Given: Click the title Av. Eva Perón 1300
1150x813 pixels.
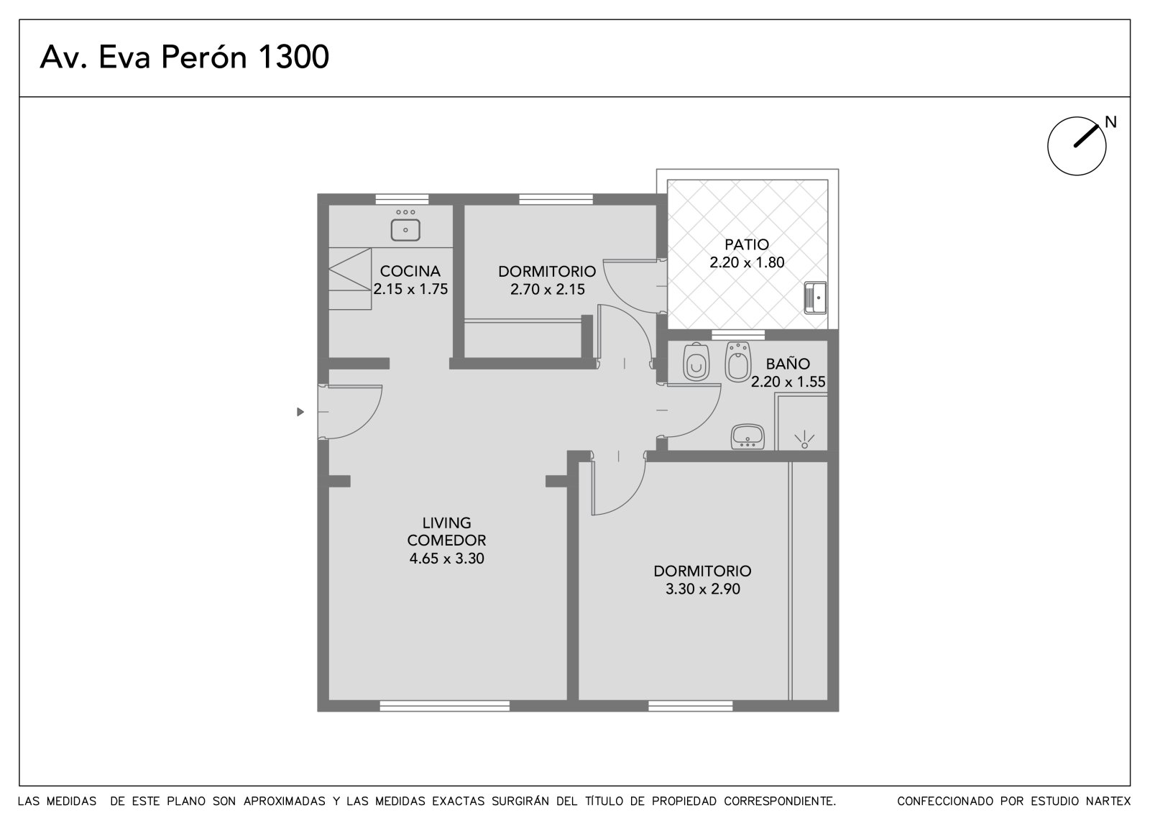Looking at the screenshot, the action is coord(184,57).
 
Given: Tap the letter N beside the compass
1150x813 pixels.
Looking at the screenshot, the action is coord(1111,122).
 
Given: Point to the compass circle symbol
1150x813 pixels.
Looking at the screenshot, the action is coord(1077,146).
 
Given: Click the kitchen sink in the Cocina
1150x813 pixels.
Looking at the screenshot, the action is coord(405,230).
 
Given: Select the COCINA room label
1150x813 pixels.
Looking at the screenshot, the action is coord(410,271).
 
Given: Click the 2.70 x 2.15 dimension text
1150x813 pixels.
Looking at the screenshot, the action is coord(548,290).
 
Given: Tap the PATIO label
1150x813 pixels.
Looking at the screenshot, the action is coord(747,244).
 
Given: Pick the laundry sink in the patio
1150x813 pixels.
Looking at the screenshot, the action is coord(815,298).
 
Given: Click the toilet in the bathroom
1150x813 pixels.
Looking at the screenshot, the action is coord(696,362).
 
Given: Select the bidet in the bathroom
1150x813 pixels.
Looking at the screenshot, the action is coord(738,362).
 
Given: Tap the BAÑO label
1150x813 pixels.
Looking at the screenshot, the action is coord(788,364).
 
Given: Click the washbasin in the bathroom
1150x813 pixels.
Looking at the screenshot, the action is coord(747,436).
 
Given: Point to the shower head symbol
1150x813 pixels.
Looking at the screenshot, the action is coord(804,441).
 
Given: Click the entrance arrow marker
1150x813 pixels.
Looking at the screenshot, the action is coord(301,412).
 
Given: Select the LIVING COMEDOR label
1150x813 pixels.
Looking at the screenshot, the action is coord(446,531).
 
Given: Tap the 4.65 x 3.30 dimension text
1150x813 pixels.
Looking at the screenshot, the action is coord(446,559).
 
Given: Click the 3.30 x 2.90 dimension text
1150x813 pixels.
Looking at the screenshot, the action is coord(703,589).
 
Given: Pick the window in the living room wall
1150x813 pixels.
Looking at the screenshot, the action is coord(445,706).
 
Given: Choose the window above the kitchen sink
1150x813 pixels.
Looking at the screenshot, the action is coord(402,199).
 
